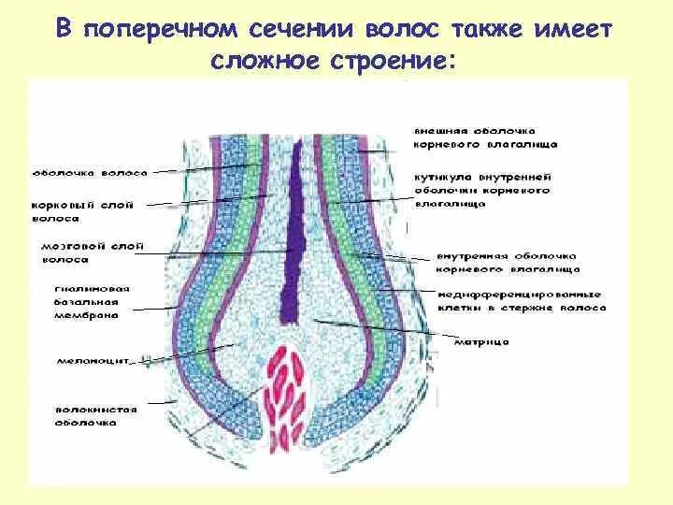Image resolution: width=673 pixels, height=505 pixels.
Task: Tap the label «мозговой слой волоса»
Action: click(79, 252)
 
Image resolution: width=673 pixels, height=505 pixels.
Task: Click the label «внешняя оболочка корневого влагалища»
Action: click(485, 137)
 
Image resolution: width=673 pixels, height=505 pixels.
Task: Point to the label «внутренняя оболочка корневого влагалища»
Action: click(506, 261)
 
